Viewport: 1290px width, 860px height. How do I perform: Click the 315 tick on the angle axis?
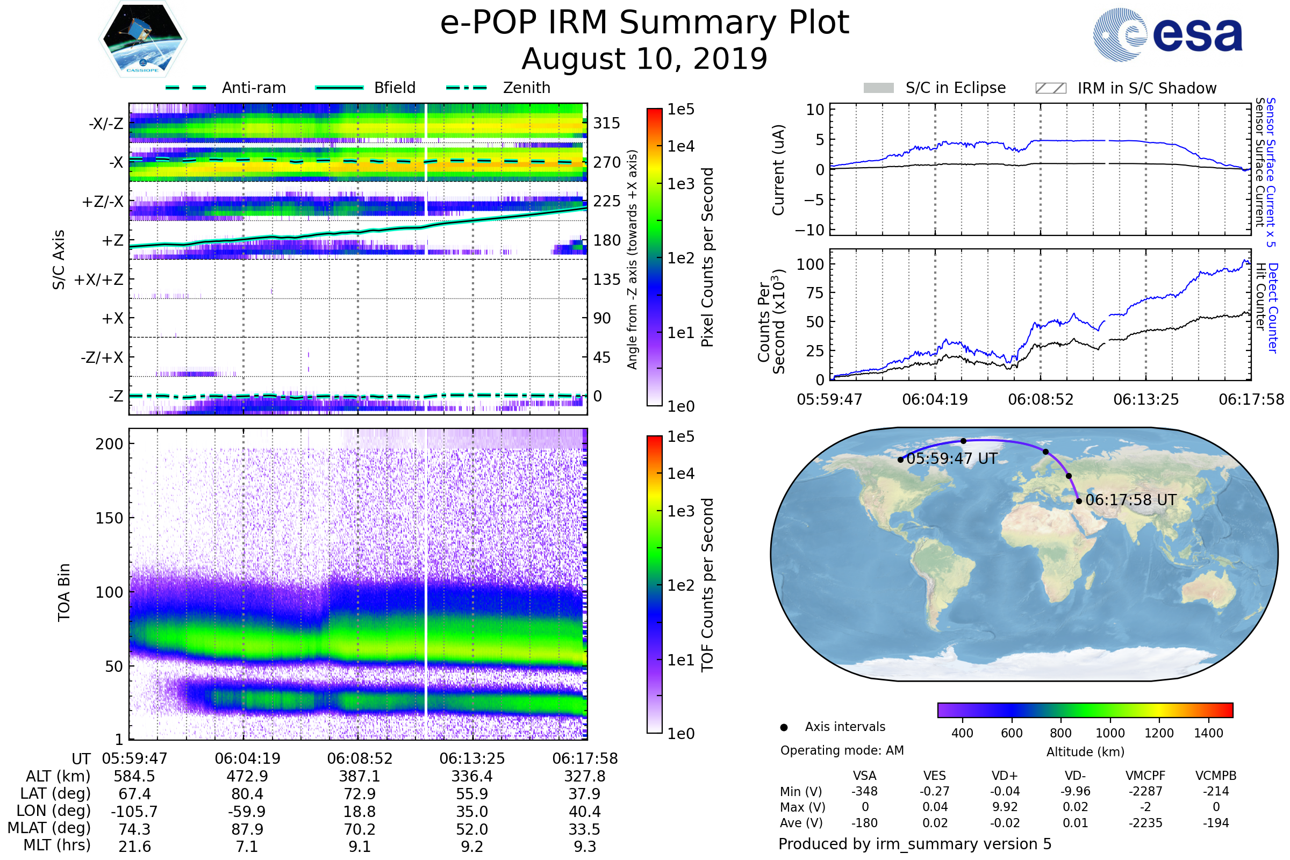pyautogui.click(x=607, y=123)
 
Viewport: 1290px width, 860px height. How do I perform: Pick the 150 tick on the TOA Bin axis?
pyautogui.click(x=109, y=518)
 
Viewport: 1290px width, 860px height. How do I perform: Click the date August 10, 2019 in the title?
pyautogui.click(x=644, y=59)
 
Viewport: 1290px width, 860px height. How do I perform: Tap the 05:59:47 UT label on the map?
pyautogui.click(x=951, y=458)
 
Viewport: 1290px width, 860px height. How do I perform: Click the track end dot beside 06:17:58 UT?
pyautogui.click(x=1079, y=501)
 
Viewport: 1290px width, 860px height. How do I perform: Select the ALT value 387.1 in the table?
pyautogui.click(x=360, y=777)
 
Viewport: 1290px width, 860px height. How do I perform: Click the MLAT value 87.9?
pyautogui.click(x=247, y=829)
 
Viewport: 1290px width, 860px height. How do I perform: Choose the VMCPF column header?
pyautogui.click(x=1145, y=776)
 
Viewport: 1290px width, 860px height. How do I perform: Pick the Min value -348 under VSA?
pyautogui.click(x=864, y=791)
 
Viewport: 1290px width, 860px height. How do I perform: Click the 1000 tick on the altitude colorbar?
pyautogui.click(x=1110, y=733)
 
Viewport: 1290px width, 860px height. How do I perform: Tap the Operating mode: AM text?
pyautogui.click(x=842, y=750)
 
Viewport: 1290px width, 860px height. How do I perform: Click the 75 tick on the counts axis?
pyautogui.click(x=815, y=293)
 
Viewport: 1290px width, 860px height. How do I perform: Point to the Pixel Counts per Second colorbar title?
pyautogui.click(x=707, y=257)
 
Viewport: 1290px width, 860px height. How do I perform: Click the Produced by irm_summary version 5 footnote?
pyautogui.click(x=915, y=844)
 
